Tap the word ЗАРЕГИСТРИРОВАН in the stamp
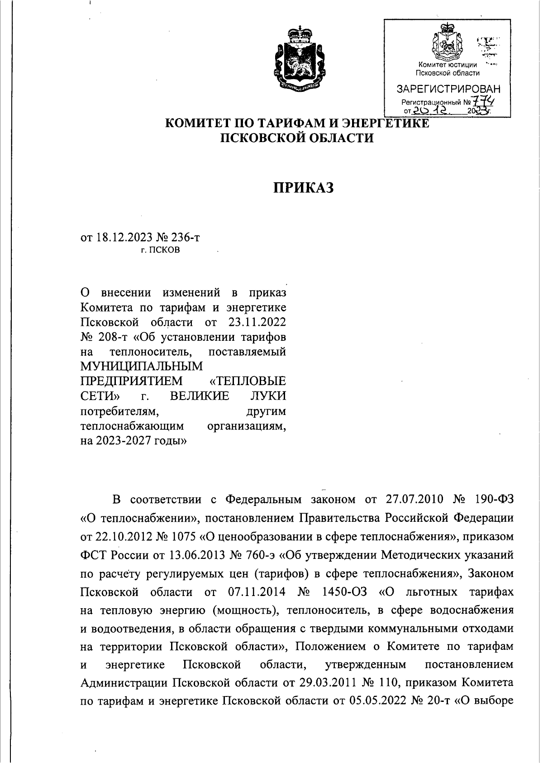448,89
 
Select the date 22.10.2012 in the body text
124,536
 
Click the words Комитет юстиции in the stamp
448,65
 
